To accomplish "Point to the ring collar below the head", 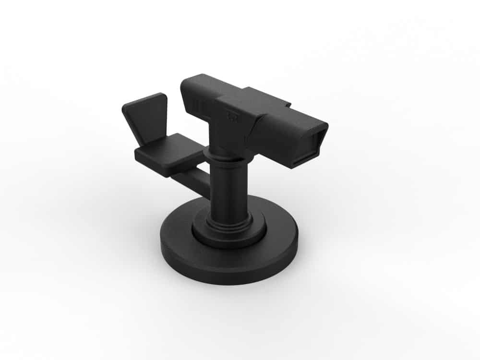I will tap(226, 155).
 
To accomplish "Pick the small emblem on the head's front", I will tap(233, 115).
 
